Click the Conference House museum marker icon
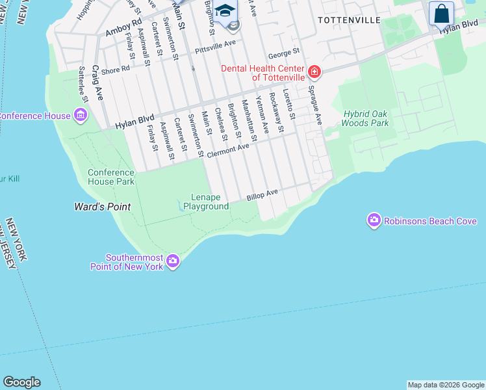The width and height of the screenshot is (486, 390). pos(81,116)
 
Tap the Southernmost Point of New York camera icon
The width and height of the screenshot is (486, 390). pos(173,262)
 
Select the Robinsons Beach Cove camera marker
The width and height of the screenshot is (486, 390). pos(374,221)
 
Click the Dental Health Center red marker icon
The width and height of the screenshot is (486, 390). pos(314,71)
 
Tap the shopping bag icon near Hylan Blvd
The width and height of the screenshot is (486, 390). pos(441,14)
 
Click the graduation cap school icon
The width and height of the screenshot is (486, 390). pos(225,11)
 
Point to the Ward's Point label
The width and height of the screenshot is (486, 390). pos(102,207)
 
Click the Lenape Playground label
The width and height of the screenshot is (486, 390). pos(206,202)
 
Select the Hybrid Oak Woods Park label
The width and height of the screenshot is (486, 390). pos(366,118)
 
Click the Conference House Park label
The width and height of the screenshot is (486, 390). pos(111,177)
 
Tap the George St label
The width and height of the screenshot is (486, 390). pos(283,51)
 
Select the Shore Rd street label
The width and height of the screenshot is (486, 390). pos(116,68)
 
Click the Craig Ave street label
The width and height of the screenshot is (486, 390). pos(97,82)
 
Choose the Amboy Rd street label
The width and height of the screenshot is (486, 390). pos(123,30)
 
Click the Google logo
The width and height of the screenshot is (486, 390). pos(21,382)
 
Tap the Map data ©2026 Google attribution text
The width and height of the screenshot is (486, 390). pos(446,385)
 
